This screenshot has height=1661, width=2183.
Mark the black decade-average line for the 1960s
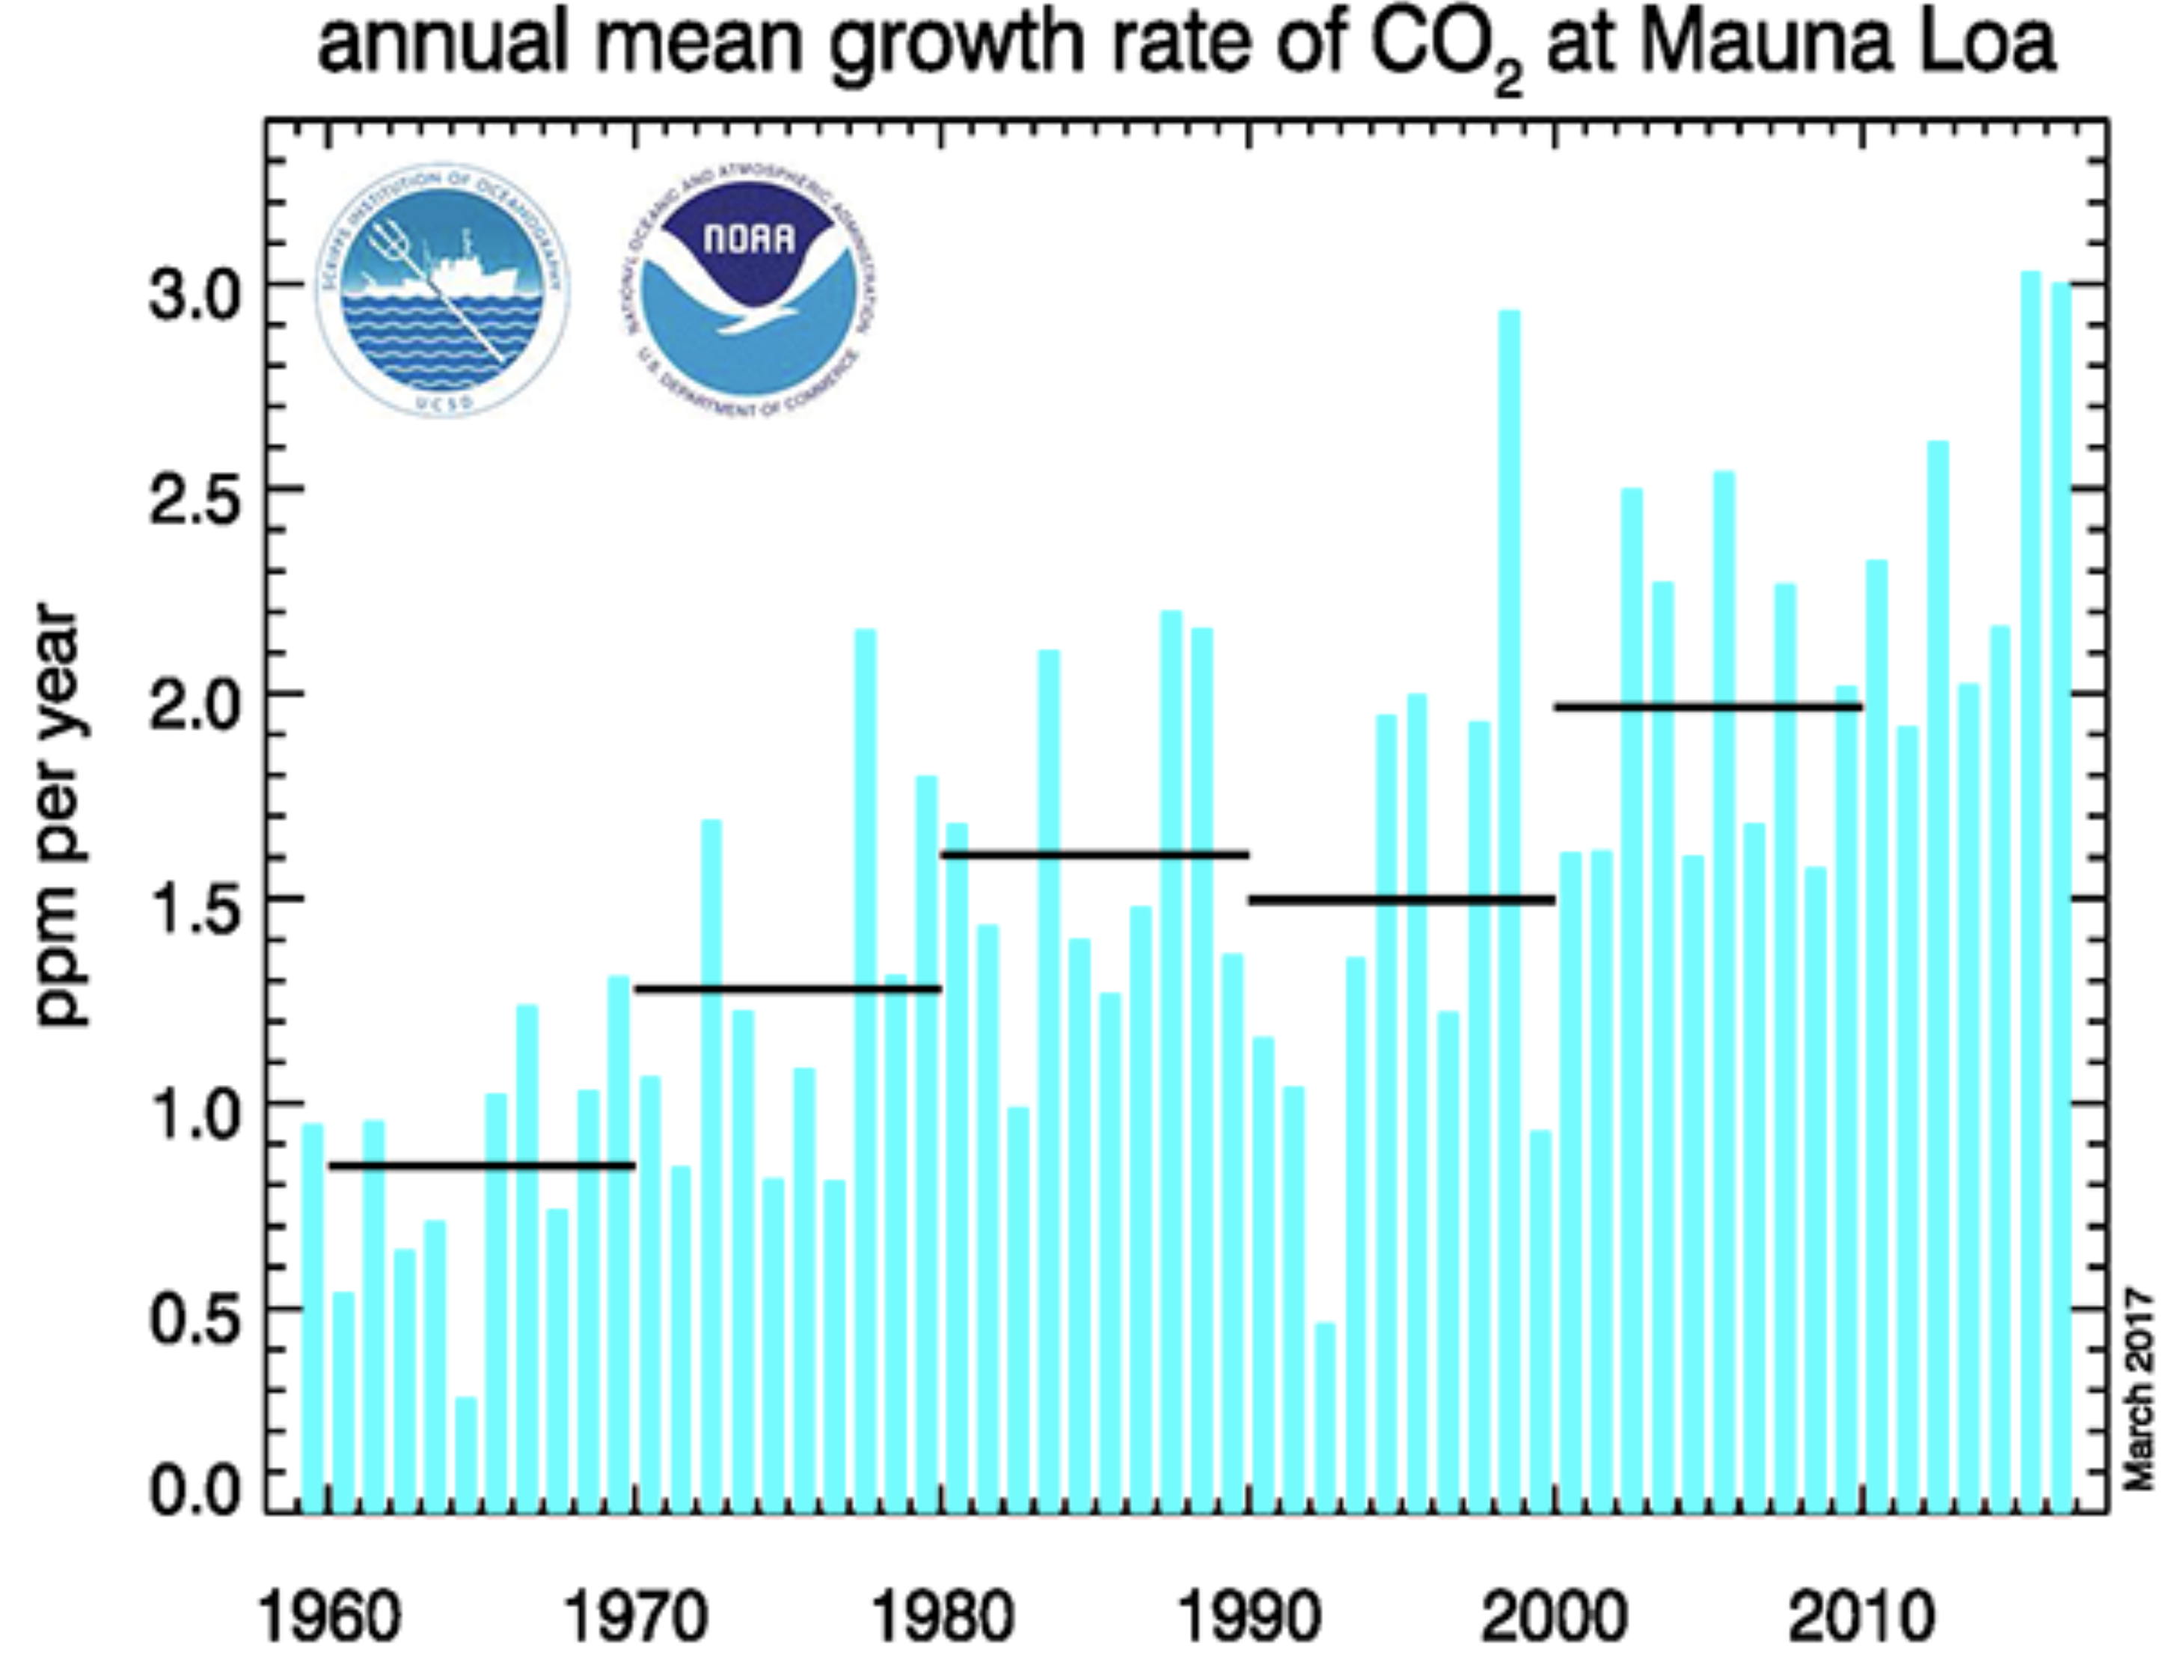482,1166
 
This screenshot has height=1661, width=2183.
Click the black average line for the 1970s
788,988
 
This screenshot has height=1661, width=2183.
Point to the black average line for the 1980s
1094,854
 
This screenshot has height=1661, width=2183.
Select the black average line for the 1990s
1402,899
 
